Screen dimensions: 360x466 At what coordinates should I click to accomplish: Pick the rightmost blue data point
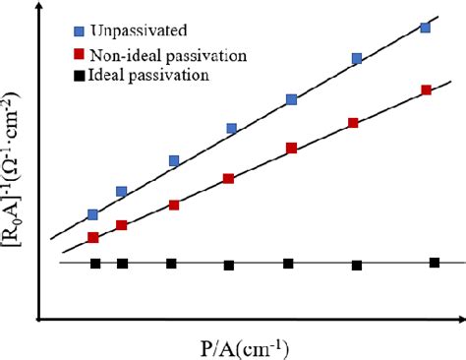(426, 27)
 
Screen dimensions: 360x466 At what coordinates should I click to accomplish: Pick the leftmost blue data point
(92, 213)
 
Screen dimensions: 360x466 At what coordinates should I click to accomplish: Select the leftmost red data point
(92, 238)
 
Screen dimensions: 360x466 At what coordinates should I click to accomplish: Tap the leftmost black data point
(95, 264)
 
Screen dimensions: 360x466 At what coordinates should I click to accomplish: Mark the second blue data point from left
(121, 191)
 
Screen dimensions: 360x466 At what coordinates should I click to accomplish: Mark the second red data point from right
(353, 123)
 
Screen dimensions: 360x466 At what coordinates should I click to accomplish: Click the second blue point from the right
(357, 59)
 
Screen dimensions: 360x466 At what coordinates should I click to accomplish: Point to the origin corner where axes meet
(38, 320)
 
